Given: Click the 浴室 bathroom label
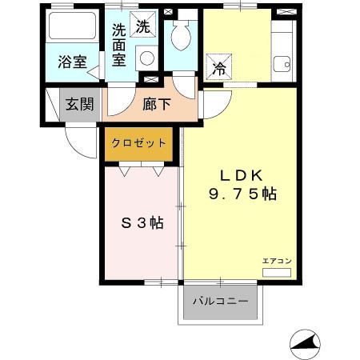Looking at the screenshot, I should coord(73,62).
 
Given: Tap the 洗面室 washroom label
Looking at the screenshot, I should coord(118,46).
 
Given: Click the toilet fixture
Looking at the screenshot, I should coord(180,35).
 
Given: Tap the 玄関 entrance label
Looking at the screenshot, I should coord(79,103).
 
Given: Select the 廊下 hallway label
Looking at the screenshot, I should coord(155,103).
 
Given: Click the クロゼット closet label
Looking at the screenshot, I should coord(138,142).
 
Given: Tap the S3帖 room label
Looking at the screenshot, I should coord(142,223).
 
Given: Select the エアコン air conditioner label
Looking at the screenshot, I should coord(277,262).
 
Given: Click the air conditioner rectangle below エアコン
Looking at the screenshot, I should coord(277,272).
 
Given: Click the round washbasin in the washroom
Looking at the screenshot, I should coord(146,58).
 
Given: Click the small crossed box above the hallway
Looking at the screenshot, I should coord(150,79).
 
